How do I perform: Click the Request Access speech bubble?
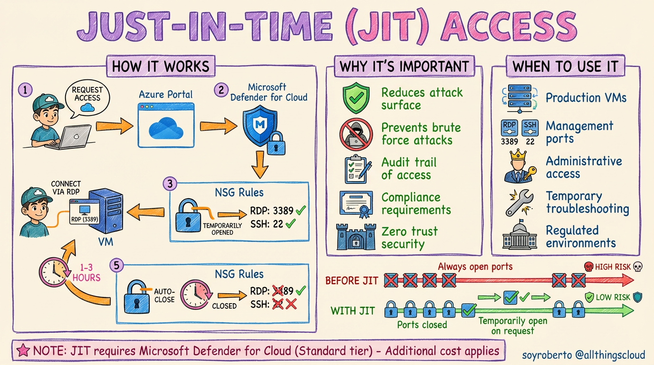pos(87,97)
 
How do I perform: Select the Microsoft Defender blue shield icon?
pos(260,125)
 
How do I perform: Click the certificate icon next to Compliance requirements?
pos(356,203)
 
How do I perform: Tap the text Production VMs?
pos(586,98)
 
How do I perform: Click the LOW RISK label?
pos(613,298)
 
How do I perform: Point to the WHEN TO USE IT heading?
pos(565,66)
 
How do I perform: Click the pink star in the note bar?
pos(23,351)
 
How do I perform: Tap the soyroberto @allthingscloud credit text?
pos(583,355)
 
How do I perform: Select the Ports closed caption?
pos(422,325)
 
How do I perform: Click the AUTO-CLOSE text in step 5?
pos(165,295)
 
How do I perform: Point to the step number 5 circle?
pos(116,265)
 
